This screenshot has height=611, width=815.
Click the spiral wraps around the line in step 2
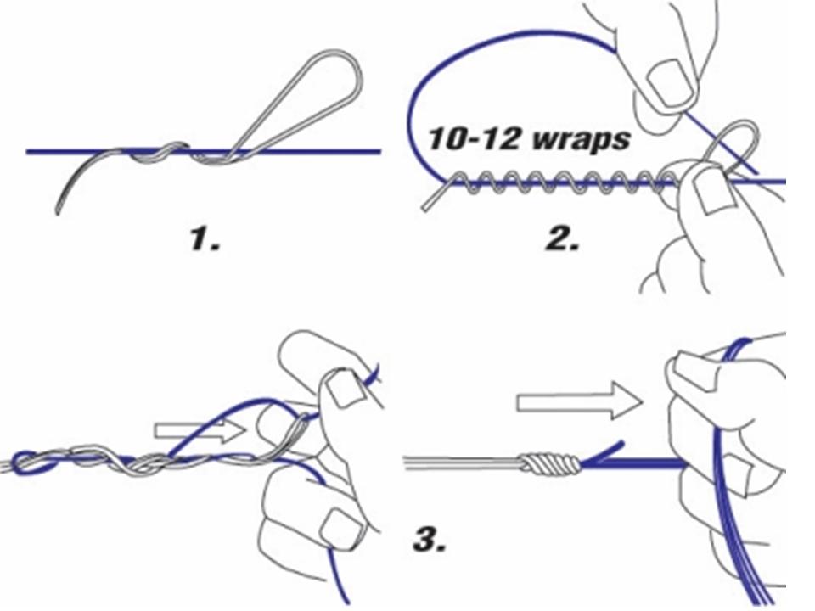[552, 181]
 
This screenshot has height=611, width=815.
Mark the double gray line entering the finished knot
[458, 464]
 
